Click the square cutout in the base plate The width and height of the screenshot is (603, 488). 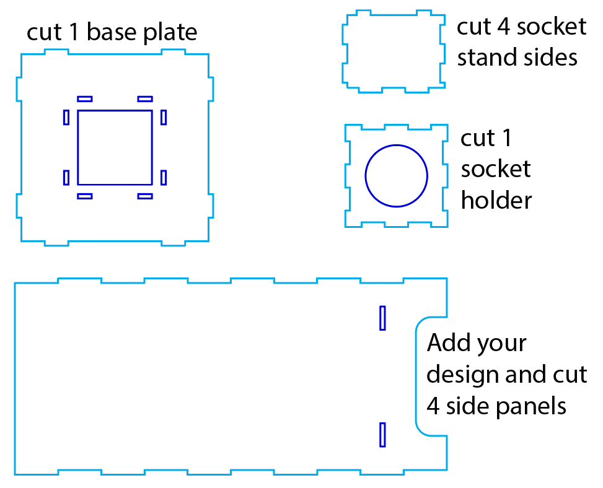(115, 147)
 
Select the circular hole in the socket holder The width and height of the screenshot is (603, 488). (397, 176)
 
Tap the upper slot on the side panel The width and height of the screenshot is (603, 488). (382, 318)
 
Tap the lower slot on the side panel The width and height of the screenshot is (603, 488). (382, 435)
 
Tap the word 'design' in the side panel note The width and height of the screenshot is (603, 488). (464, 375)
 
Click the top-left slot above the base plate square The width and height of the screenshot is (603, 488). (85, 98)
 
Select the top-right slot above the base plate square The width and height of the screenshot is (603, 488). (145, 98)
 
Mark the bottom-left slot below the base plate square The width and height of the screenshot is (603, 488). (85, 196)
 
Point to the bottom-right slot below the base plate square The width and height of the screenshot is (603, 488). (145, 196)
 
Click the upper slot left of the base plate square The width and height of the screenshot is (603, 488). (66, 117)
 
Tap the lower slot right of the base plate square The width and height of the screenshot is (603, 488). (164, 178)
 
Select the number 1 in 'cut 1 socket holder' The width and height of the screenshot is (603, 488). (506, 138)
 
